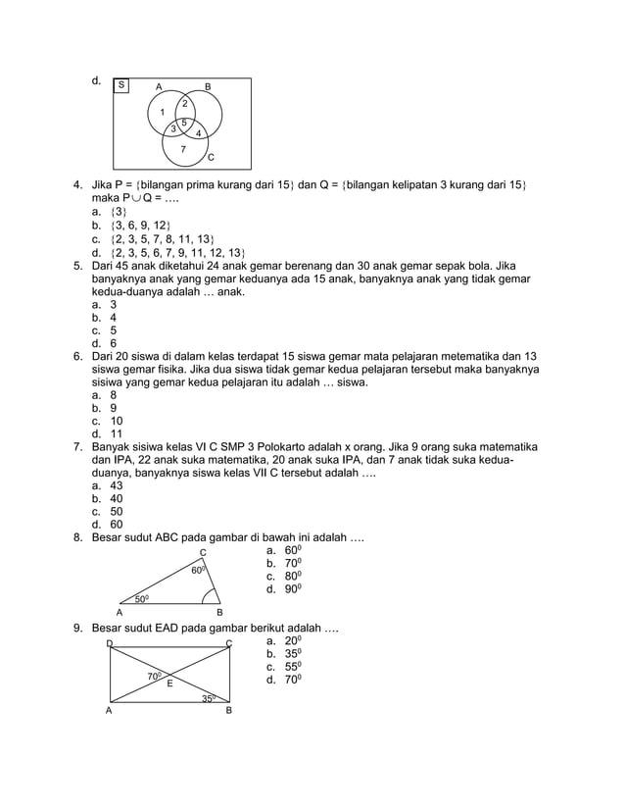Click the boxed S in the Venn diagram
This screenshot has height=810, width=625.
pos(121,85)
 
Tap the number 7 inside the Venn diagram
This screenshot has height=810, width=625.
pos(182,149)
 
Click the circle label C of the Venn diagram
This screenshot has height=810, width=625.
pos(210,159)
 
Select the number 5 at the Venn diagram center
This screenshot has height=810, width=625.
pos(184,122)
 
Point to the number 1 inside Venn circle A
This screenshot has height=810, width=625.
pos(163,112)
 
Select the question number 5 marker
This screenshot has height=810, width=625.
pos(77,265)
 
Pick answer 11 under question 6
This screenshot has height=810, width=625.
pos(116,433)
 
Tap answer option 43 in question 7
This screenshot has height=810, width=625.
pos(116,485)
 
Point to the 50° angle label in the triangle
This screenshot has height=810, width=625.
pos(142,598)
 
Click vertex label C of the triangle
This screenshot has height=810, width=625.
pos(202,552)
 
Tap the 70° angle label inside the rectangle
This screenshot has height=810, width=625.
pos(155,676)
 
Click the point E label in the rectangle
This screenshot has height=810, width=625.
pos(168,683)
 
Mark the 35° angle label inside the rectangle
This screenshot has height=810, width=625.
pos(209,698)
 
